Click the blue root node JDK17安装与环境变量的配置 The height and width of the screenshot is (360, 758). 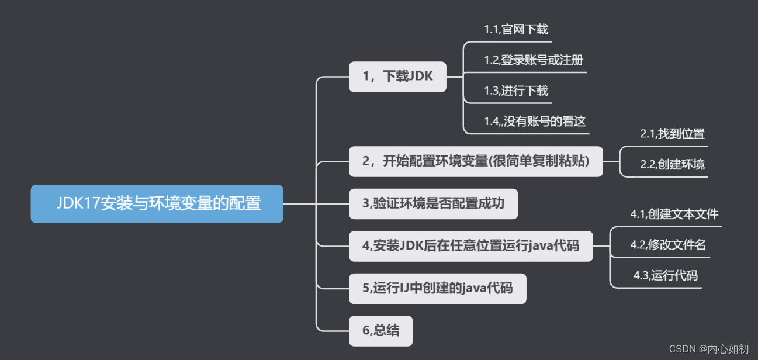157,204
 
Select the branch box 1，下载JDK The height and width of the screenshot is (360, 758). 397,77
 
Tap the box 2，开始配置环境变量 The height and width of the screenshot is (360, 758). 476,161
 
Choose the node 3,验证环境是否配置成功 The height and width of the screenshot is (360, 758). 433,203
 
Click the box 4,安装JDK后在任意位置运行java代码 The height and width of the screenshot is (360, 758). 470,245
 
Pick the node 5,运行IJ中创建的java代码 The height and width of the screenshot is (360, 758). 437,288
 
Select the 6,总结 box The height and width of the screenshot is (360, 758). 380,331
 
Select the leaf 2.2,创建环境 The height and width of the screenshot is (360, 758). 672,164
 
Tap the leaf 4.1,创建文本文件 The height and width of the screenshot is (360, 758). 674,214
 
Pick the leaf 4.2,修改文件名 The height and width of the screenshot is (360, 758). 668,245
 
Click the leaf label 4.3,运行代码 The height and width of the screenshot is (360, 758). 665,275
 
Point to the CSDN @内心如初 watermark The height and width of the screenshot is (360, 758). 708,349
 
